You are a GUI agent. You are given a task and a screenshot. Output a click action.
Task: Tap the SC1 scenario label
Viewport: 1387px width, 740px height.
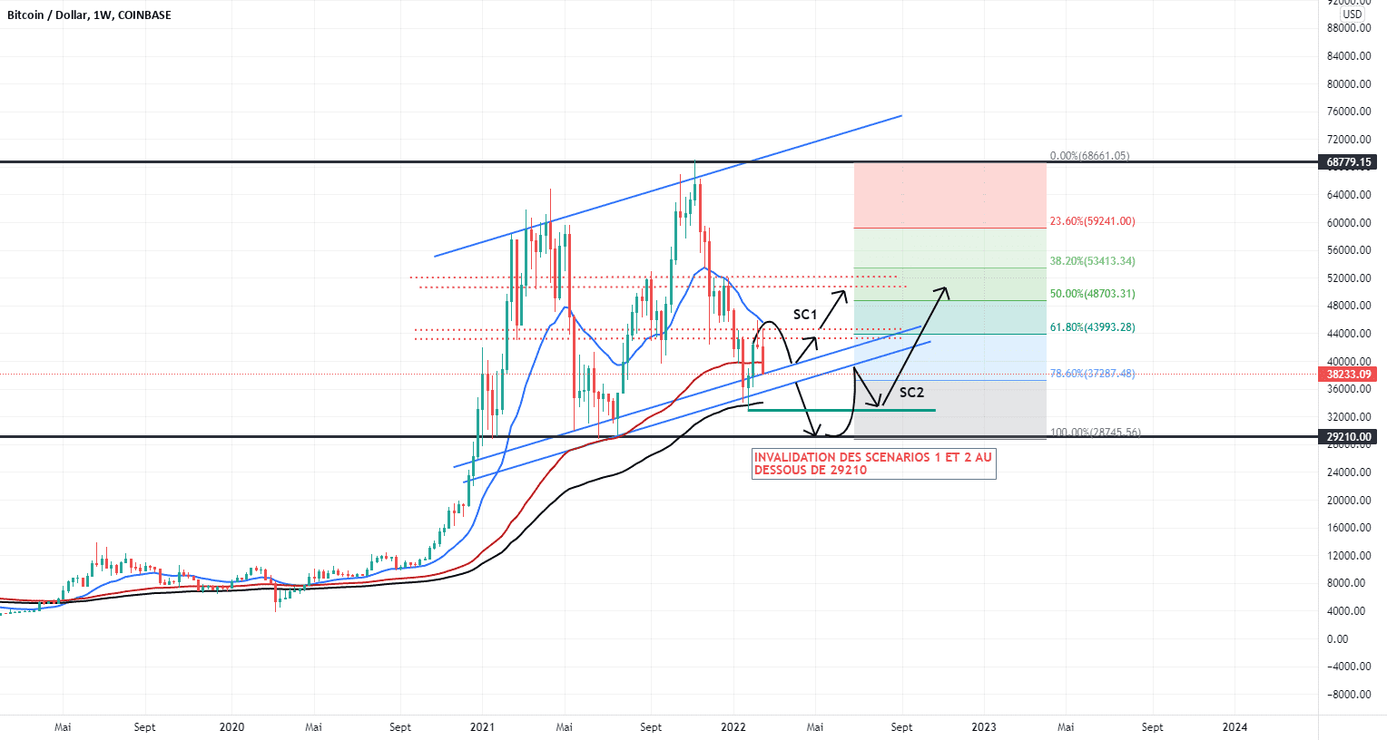click(805, 315)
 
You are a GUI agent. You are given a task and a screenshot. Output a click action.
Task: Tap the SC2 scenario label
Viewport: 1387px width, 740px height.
click(911, 393)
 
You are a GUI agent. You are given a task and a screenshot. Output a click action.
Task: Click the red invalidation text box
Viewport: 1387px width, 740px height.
click(873, 464)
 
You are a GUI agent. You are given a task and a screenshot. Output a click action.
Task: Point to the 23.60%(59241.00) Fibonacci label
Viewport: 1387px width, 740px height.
click(1092, 221)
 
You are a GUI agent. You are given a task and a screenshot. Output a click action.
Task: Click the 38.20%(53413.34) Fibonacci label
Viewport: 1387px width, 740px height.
click(1092, 261)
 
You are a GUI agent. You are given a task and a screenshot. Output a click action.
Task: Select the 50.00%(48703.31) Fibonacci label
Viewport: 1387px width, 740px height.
click(1092, 294)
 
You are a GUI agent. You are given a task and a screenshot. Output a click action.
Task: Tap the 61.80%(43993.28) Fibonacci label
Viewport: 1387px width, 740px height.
click(1092, 327)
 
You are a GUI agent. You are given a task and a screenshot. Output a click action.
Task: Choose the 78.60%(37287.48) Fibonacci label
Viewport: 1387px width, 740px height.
click(1092, 374)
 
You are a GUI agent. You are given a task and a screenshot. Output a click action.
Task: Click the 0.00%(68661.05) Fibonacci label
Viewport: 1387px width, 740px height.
click(1089, 156)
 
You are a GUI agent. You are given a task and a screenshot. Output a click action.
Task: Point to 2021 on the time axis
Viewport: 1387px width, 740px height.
click(482, 727)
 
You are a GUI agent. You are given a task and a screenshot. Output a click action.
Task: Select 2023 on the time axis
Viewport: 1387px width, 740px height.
click(984, 727)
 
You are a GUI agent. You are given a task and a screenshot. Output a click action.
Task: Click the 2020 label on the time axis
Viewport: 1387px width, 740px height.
click(231, 727)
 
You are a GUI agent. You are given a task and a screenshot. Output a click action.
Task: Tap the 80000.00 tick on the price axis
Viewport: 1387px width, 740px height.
click(1348, 84)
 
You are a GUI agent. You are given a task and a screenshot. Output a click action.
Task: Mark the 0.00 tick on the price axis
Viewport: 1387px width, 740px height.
click(1337, 639)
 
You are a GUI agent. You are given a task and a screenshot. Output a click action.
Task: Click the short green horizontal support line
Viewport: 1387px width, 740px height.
click(841, 411)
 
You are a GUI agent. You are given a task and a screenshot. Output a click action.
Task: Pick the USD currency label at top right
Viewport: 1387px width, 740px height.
click(1352, 15)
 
